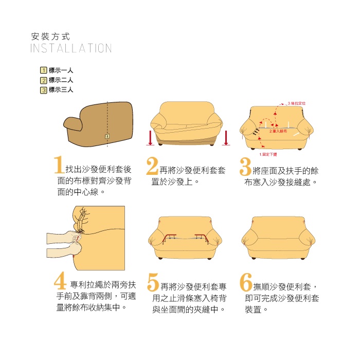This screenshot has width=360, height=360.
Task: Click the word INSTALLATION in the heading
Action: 71,48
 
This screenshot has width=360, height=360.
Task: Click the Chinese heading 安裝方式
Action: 50,37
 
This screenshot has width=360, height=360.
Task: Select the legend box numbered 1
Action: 44,70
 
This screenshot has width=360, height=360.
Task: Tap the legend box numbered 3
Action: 44,90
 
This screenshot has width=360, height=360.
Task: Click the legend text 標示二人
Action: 61,80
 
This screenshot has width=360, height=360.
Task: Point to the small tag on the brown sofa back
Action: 106,136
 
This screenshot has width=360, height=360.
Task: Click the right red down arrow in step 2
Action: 225,138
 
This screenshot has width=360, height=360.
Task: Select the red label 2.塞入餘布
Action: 278,131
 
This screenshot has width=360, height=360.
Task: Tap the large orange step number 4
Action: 60,281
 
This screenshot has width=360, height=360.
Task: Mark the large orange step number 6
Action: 246,281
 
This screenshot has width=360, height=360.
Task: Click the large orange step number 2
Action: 152,166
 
